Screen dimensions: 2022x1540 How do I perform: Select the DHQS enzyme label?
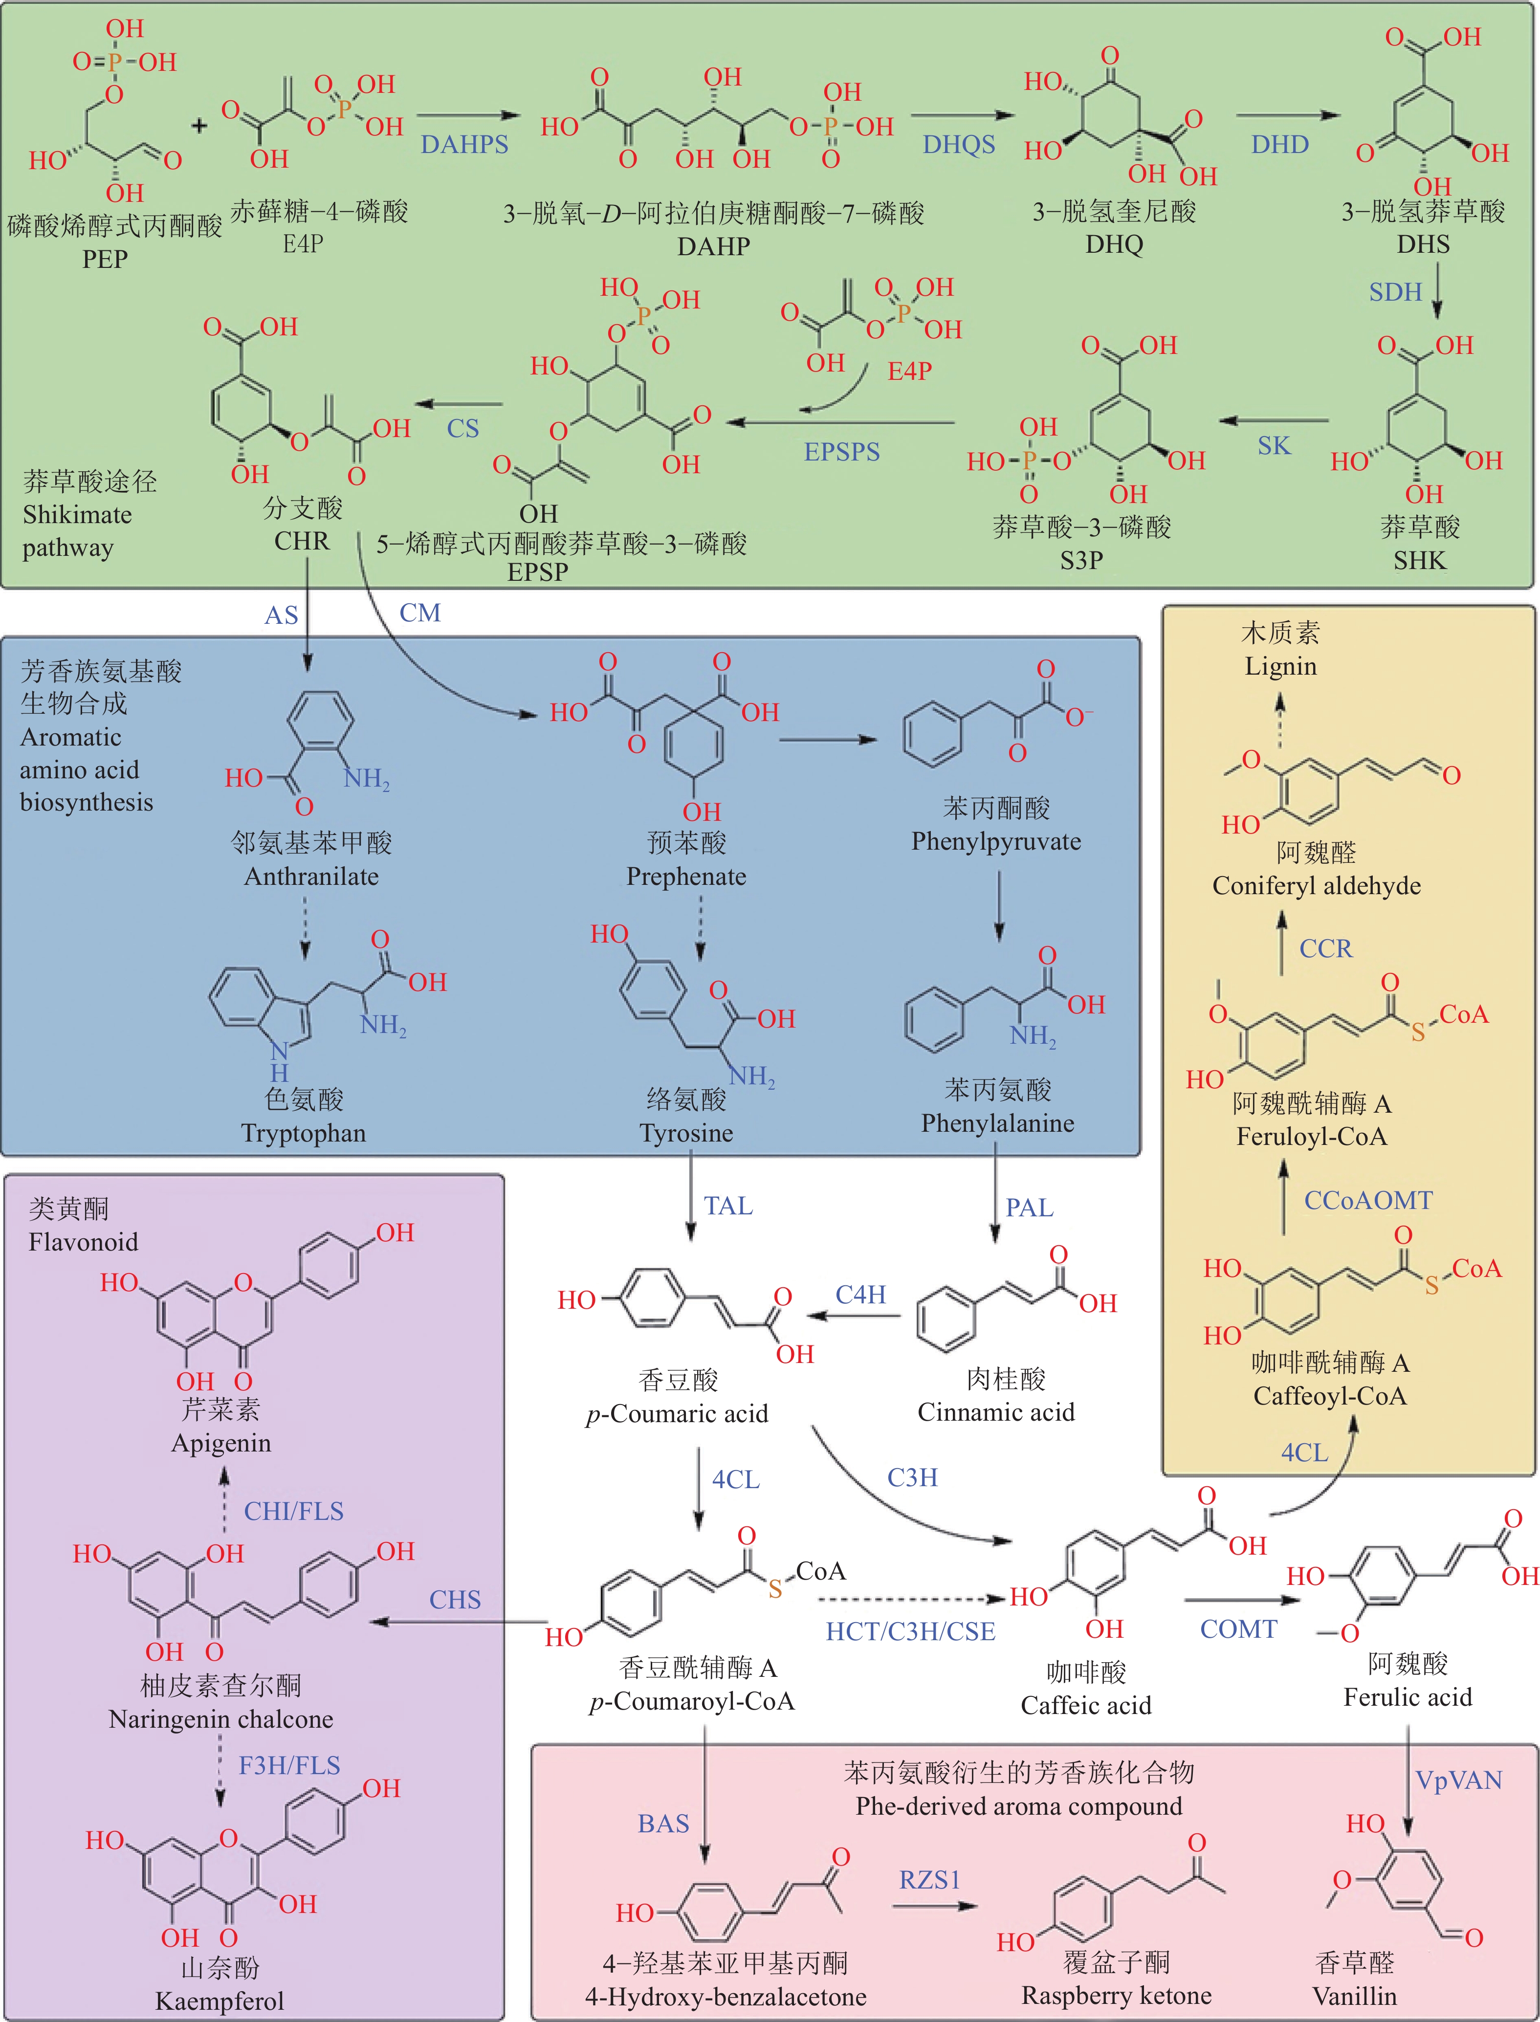click(959, 145)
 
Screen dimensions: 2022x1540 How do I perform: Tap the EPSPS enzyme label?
click(841, 452)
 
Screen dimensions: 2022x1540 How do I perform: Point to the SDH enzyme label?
click(1395, 292)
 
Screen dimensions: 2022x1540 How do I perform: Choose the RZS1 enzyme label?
click(929, 1880)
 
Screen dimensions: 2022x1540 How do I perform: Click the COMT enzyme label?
click(1238, 1629)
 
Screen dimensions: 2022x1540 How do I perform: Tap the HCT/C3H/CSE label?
click(910, 1631)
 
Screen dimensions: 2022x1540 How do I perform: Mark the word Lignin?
click(1280, 666)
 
